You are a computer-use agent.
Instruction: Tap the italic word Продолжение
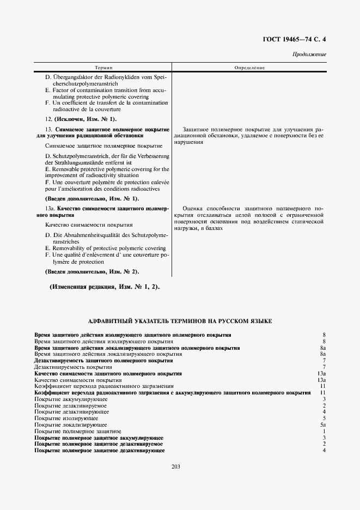click(x=309, y=54)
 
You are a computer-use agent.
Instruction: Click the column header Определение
click(x=249, y=68)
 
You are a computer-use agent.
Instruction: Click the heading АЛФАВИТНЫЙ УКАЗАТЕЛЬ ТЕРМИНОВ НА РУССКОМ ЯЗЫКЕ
click(x=180, y=321)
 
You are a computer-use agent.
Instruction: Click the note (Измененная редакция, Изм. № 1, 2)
click(x=105, y=287)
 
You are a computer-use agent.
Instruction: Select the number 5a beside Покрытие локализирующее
click(x=323, y=424)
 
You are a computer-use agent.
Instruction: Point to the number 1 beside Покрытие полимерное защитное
click(x=324, y=431)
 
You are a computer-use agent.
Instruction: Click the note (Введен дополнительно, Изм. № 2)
click(x=92, y=271)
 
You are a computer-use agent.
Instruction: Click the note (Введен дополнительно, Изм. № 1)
click(x=92, y=199)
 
